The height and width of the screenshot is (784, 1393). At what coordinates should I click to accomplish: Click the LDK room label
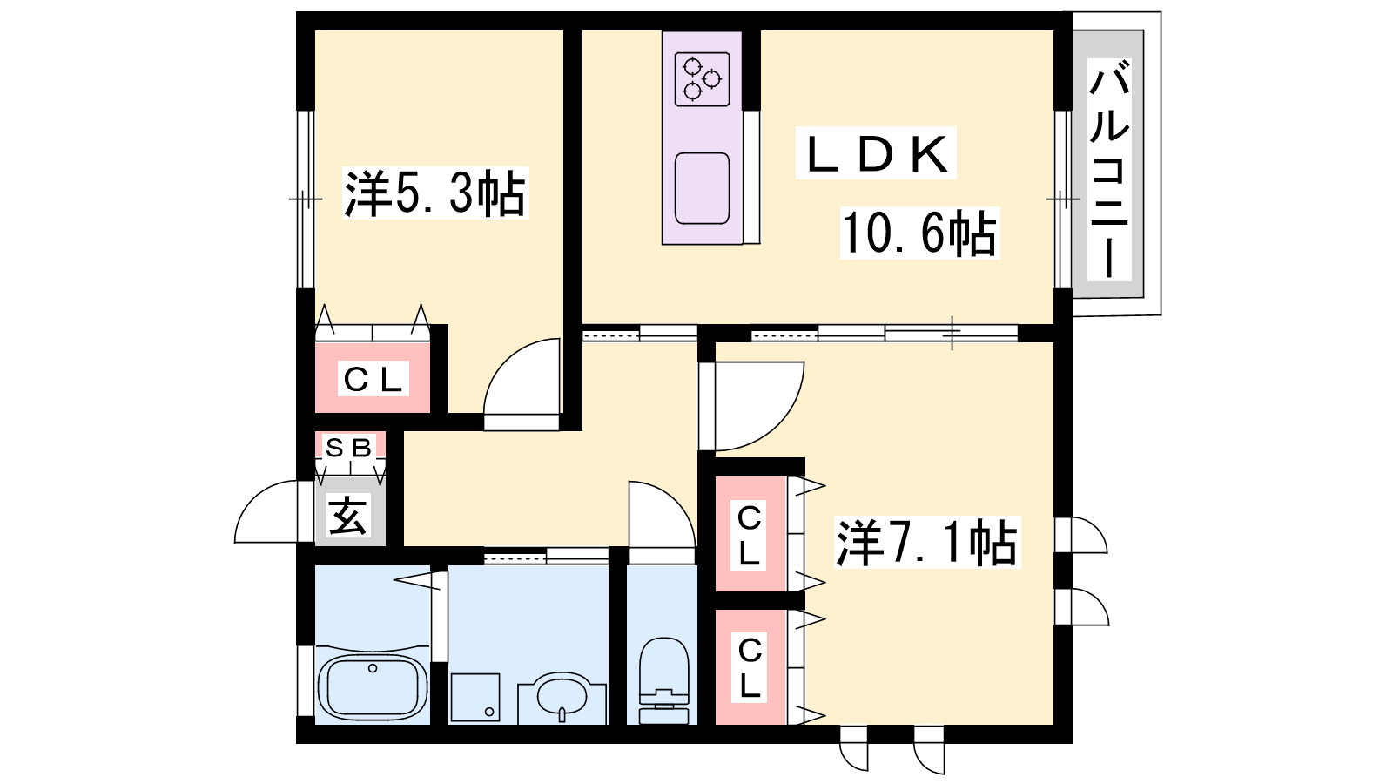pyautogui.click(x=876, y=153)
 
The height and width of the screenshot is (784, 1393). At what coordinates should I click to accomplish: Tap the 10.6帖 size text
pyautogui.click(x=919, y=233)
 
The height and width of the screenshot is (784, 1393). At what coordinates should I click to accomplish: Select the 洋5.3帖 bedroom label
pyautogui.click(x=434, y=193)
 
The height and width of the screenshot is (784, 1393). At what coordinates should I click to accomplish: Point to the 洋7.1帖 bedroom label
pyautogui.click(x=926, y=542)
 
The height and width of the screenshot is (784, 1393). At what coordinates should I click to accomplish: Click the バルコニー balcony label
pyautogui.click(x=1109, y=170)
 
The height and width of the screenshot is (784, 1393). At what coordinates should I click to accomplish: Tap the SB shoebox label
pyautogui.click(x=349, y=448)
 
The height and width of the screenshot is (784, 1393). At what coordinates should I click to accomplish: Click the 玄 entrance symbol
pyautogui.click(x=347, y=515)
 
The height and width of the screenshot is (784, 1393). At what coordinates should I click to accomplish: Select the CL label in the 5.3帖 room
pyautogui.click(x=372, y=379)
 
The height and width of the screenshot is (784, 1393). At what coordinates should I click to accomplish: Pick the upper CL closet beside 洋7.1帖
pyautogui.click(x=749, y=535)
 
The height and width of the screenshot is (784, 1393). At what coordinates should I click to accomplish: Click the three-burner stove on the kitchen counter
pyautogui.click(x=702, y=79)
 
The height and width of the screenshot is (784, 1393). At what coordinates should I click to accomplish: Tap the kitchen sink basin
pyautogui.click(x=702, y=188)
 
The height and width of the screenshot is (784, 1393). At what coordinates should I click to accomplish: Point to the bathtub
pyautogui.click(x=373, y=686)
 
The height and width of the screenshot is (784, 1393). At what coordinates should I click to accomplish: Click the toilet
pyautogui.click(x=664, y=680)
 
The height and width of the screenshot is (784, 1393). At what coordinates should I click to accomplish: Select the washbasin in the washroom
pyautogui.click(x=562, y=697)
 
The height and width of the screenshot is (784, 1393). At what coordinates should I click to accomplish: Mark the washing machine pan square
pyautogui.click(x=475, y=697)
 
